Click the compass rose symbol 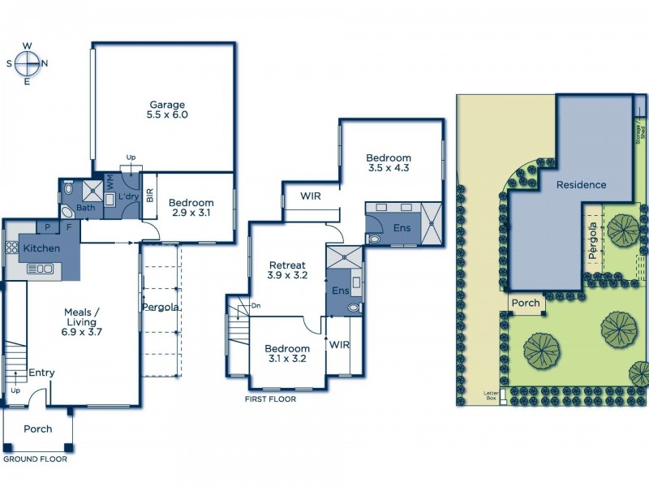[28, 62]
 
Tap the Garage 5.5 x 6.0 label [167, 110]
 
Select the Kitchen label [40, 248]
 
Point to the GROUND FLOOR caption [35, 459]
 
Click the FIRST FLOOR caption [270, 399]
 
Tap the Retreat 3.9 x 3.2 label [287, 270]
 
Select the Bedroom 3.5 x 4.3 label [388, 164]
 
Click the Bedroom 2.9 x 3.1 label [191, 209]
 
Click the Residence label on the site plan [581, 184]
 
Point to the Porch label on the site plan [526, 304]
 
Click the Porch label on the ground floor [37, 429]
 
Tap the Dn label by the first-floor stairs [256, 305]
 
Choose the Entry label [41, 373]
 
